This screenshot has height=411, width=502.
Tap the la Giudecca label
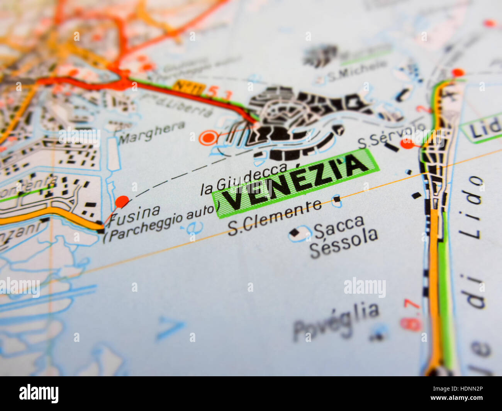(x=244, y=179)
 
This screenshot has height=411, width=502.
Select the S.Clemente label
(x=274, y=217)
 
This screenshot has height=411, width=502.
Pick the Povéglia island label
(x=336, y=321)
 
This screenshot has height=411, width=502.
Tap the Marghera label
(x=152, y=132)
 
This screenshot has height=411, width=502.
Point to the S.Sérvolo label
(x=391, y=135)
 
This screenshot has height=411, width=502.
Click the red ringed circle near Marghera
(x=208, y=137)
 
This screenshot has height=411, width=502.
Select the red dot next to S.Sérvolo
(x=407, y=144)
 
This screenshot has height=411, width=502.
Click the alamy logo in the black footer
(x=39, y=394)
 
